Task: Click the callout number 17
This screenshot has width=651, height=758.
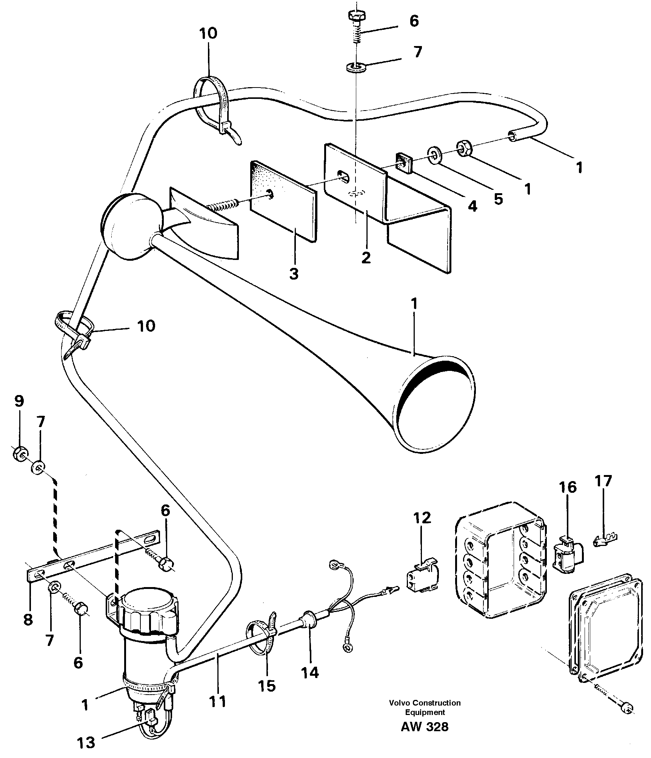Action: pos(603,481)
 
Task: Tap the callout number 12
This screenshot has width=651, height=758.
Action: pos(422,518)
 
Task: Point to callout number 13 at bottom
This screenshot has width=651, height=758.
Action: pos(86,743)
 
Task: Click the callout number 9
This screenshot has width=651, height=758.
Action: pos(19,401)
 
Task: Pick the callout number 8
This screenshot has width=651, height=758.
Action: pos(28,620)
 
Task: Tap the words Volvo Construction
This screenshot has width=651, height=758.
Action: pos(425,703)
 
